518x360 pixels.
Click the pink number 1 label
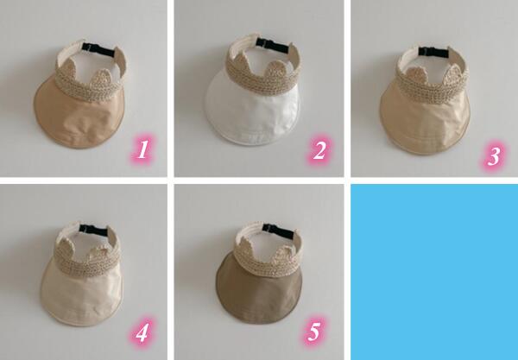pyautogui.click(x=142, y=150)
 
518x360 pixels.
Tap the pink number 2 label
pyautogui.click(x=319, y=150)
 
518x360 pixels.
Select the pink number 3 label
pyautogui.click(x=494, y=156)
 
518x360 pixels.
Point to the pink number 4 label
pyautogui.click(x=142, y=332)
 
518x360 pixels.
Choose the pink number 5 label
pyautogui.click(x=313, y=332)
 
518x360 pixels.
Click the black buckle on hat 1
pyautogui.click(x=98, y=49)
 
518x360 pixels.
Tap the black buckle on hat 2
pyautogui.click(x=274, y=45)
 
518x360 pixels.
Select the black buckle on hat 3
pyautogui.click(x=433, y=52)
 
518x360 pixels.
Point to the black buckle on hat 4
pyautogui.click(x=94, y=230)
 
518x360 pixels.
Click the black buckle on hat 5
pyautogui.click(x=278, y=231)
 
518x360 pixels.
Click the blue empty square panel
pyautogui.click(x=434, y=272)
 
